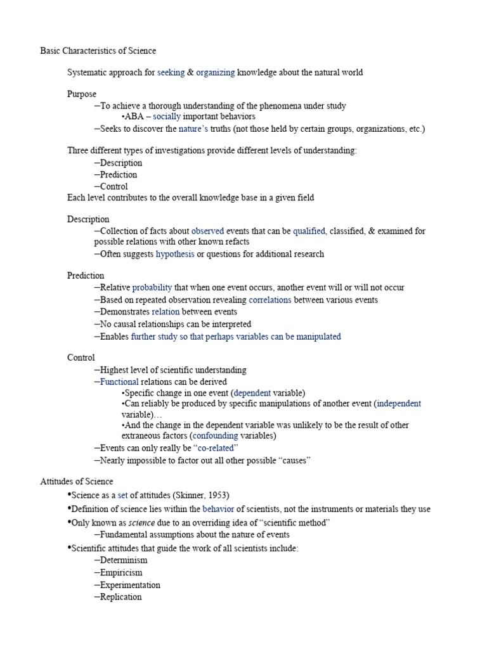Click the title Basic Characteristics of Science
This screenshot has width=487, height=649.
tap(98, 50)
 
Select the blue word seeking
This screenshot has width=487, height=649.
tap(171, 72)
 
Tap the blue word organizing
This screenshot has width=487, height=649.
tap(216, 72)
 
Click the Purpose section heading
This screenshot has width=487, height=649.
tap(82, 94)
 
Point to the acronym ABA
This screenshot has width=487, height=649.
tap(134, 117)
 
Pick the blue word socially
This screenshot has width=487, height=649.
tap(167, 117)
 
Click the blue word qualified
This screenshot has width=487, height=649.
tap(309, 231)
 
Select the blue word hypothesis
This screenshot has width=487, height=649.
tap(175, 254)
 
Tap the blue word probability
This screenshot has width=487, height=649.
tap(152, 287)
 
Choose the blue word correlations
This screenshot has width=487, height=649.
tap(270, 300)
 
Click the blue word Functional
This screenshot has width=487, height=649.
tap(119, 382)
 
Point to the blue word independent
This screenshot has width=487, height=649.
tap(399, 403)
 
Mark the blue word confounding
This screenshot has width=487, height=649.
tap(216, 435)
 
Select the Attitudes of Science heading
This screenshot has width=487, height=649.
tap(77, 482)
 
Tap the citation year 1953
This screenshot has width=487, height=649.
tap(218, 494)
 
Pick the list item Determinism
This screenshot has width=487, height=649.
tap(124, 560)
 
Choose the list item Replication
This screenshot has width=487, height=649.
tap(121, 597)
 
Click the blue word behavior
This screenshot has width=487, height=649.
tap(218, 509)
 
